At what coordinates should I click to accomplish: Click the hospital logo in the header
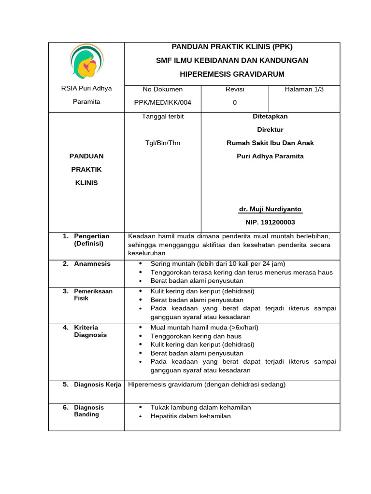pyautogui.click(x=87, y=62)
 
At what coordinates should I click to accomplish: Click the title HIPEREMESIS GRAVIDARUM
pyautogui.click(x=232, y=74)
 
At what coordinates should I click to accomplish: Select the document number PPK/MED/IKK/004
pyautogui.click(x=162, y=102)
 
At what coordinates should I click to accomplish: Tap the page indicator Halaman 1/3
pyautogui.click(x=304, y=89)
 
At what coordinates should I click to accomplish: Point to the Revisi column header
pyautogui.click(x=235, y=89)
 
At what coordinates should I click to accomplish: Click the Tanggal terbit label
pyautogui.click(x=162, y=116)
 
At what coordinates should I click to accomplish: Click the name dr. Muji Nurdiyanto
pyautogui.click(x=270, y=209)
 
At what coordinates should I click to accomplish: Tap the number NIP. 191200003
pyautogui.click(x=270, y=222)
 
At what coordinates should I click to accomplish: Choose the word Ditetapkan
pyautogui.click(x=270, y=116)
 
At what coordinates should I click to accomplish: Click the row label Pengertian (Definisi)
pyautogui.click(x=91, y=240)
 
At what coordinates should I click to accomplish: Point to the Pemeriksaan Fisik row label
pyautogui.click(x=93, y=295)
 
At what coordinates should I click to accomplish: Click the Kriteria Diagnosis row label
pyautogui.click(x=90, y=331)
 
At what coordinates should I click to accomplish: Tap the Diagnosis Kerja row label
pyautogui.click(x=97, y=384)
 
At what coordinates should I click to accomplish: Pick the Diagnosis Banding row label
pyautogui.click(x=88, y=411)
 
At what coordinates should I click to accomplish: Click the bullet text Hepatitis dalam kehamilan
pyautogui.click(x=190, y=416)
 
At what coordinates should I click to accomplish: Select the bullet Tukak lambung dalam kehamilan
pyautogui.click(x=200, y=407)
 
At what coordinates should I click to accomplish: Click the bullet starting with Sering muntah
pyautogui.click(x=217, y=263)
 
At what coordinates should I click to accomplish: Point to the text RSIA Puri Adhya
pyautogui.click(x=86, y=88)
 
